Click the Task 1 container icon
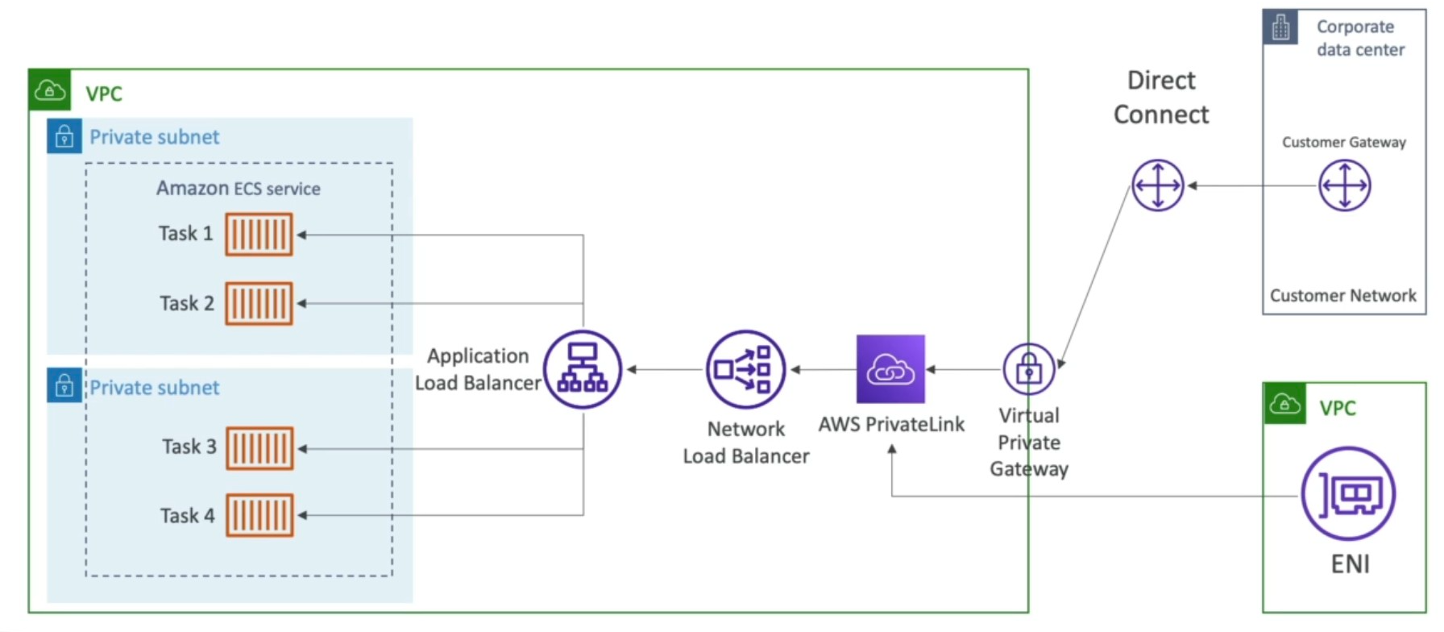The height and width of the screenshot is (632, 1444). coord(259,235)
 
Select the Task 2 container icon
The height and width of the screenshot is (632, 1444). coord(259,304)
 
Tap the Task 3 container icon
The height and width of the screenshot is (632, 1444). coord(259,448)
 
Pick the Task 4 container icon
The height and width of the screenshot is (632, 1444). coord(259,515)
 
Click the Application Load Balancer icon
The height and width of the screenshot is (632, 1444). coord(583,369)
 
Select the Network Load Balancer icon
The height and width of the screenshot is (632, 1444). coord(745,369)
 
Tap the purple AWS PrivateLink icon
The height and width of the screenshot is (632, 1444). coord(890,369)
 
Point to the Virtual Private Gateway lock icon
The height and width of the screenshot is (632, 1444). coord(1029,369)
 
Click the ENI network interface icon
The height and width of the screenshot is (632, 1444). coord(1348,493)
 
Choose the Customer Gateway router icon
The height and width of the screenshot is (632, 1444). coord(1344,185)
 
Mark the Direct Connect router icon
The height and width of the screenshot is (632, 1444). coord(1158,185)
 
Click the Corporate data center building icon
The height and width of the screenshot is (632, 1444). coord(1280,27)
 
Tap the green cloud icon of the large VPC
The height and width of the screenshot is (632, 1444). coord(50,90)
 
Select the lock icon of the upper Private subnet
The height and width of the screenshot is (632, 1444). coord(64,136)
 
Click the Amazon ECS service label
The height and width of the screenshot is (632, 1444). coord(238,189)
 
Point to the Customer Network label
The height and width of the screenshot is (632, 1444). coord(1342,296)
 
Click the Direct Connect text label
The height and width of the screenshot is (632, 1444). coord(1161,98)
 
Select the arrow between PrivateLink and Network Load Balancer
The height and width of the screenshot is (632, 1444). coord(822,370)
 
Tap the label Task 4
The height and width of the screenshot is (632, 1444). coord(187,516)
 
